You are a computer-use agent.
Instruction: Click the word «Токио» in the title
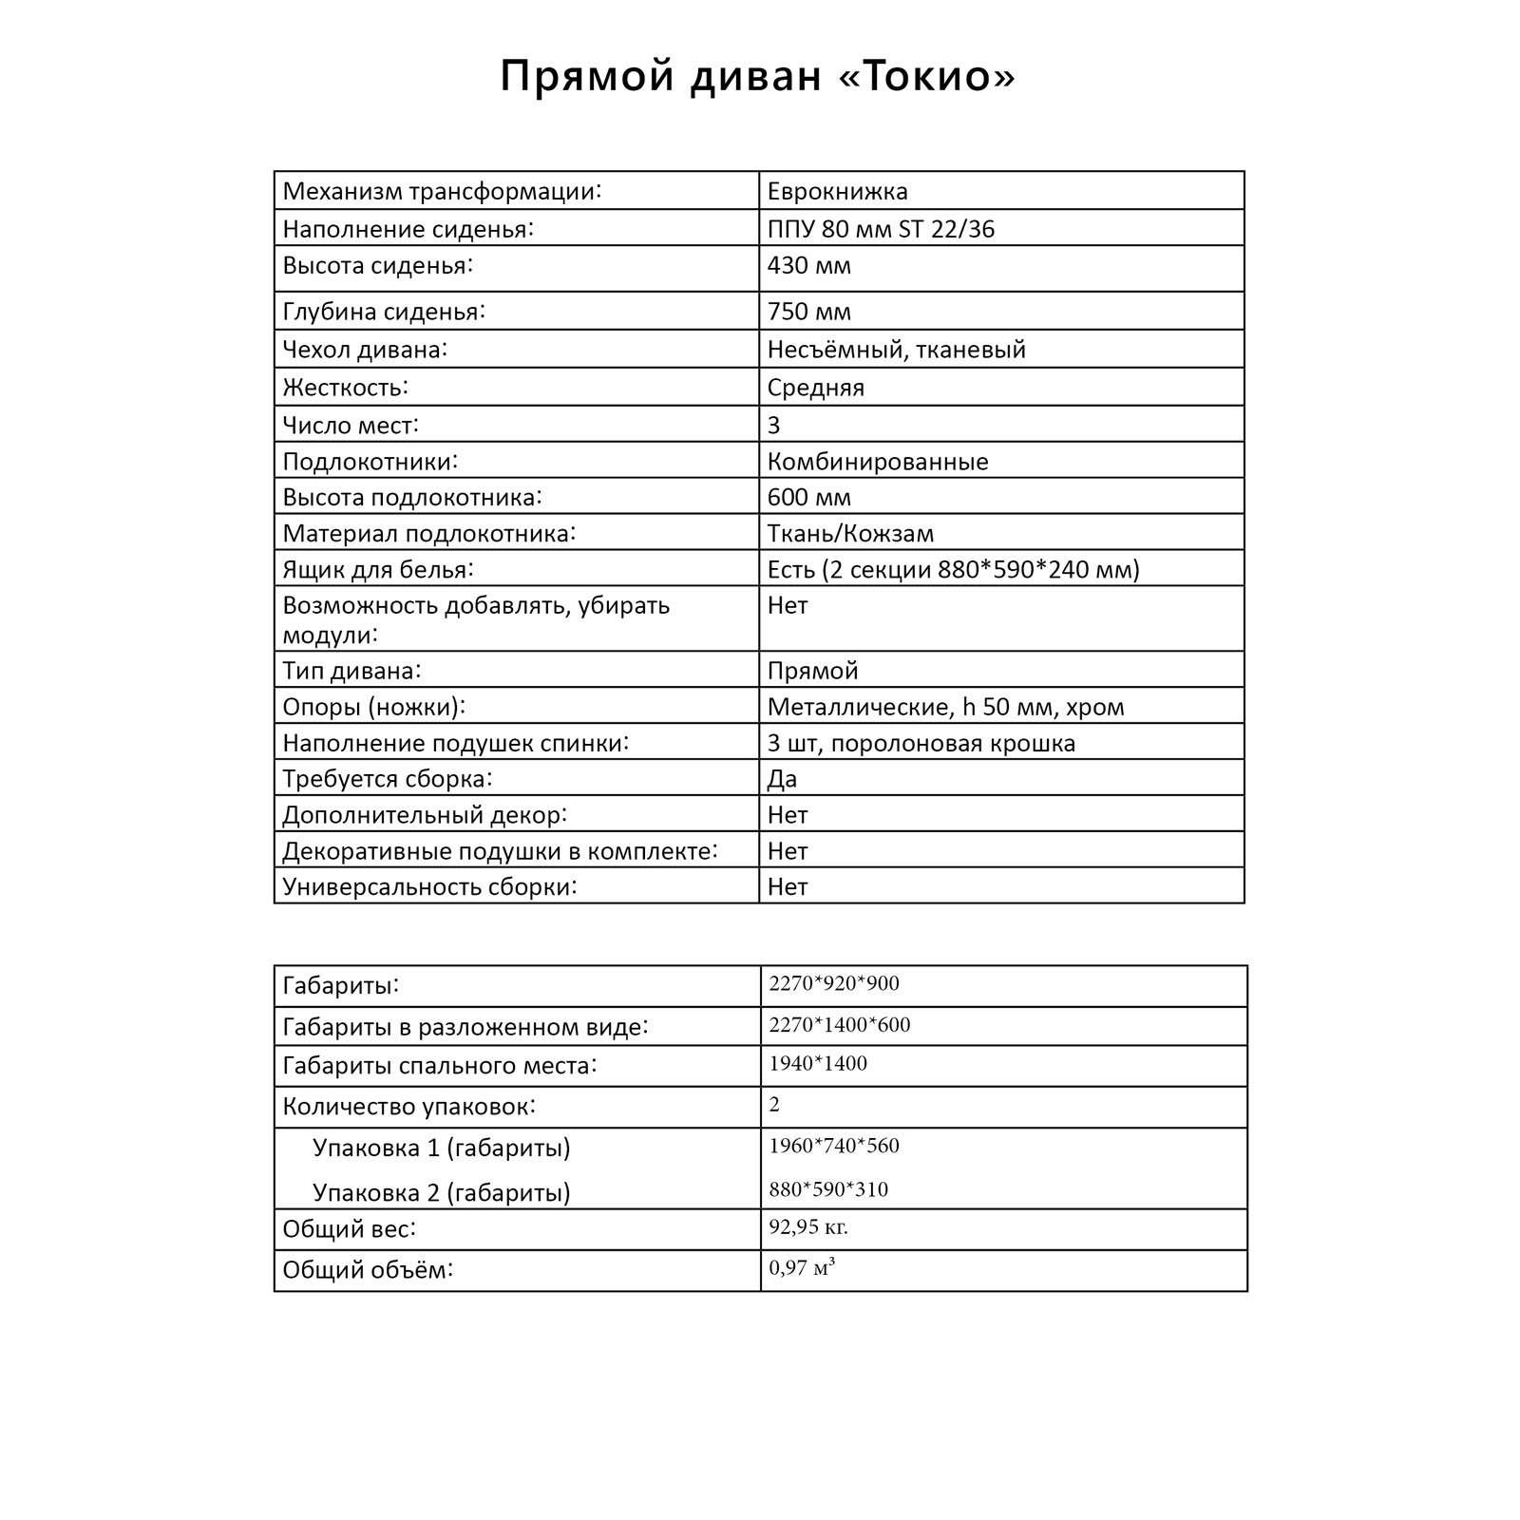coord(928,76)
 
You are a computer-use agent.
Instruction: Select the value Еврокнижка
coord(837,191)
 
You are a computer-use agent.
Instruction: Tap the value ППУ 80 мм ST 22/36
coord(881,229)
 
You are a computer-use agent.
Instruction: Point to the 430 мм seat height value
coord(808,265)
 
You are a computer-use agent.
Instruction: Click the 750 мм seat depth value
coord(808,312)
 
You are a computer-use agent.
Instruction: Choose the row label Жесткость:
coord(345,388)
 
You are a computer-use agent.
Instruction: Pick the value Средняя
coord(815,388)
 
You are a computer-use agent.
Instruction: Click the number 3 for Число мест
coord(773,425)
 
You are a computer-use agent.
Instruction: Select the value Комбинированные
coord(878,462)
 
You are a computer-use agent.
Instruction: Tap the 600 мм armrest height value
coord(808,497)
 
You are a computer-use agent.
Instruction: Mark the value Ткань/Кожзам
coord(850,533)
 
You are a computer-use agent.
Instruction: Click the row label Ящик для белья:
coord(377,570)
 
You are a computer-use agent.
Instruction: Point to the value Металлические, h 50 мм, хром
coord(945,707)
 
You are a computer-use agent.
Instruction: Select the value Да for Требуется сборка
coord(782,779)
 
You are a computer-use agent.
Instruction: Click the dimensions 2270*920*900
coord(833,983)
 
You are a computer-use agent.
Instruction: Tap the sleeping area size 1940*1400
coord(817,1063)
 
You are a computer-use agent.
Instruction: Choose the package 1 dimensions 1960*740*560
coord(833,1145)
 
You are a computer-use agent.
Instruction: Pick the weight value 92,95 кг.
coord(807,1226)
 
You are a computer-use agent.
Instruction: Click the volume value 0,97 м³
coord(802,1267)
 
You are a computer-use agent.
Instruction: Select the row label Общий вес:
coord(349,1229)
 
